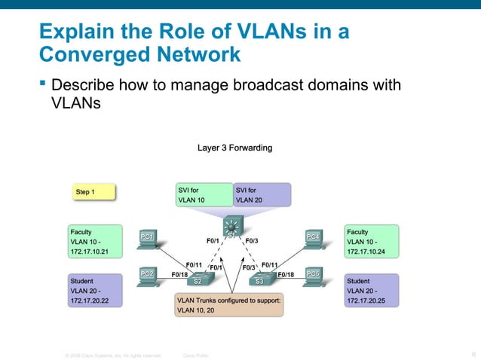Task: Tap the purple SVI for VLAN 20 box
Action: (x=261, y=195)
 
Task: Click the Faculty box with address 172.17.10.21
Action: (x=97, y=242)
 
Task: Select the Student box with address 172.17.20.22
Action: (x=97, y=290)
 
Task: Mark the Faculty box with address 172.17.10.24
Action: (x=372, y=242)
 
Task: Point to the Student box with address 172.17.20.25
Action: (x=372, y=290)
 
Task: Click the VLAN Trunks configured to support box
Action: (x=228, y=305)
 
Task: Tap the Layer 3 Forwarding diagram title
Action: (x=234, y=148)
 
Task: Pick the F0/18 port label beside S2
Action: (x=180, y=274)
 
